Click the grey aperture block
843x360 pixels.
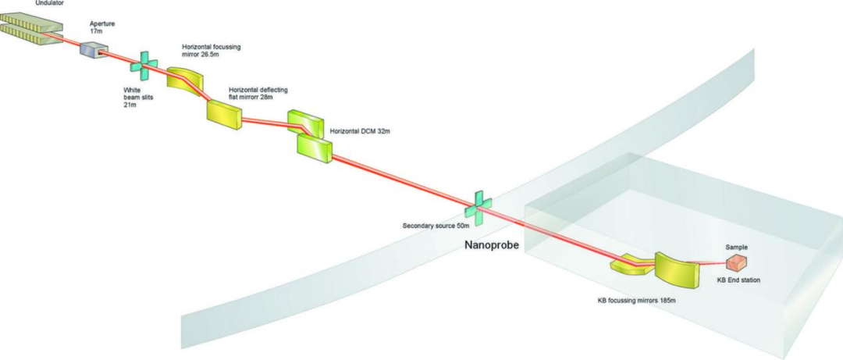(x=94, y=50)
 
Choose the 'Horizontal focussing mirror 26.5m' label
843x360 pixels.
(x=211, y=52)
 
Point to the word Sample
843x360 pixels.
(x=737, y=247)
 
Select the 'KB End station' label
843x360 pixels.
(x=738, y=280)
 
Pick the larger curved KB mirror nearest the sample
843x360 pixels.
(x=674, y=269)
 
